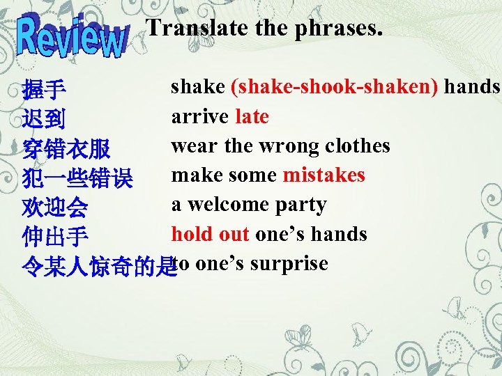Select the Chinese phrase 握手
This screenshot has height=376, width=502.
pos(44,90)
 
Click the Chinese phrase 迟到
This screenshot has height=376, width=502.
pos(44,120)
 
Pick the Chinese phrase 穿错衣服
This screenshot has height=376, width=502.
pos(66,149)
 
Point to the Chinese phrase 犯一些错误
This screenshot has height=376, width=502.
pos(77,179)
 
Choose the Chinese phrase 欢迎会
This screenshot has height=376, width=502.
pos(55,208)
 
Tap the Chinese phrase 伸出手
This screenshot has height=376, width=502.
pos(55,238)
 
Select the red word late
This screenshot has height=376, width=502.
pos(252,116)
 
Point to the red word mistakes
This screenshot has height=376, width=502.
pos(324,175)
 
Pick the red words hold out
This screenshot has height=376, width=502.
pos(210,234)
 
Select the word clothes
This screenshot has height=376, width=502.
pos(358,146)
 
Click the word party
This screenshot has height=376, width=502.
pos(301,205)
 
